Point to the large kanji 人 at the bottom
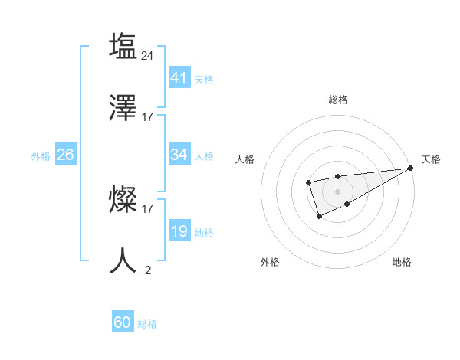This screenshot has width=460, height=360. click(x=123, y=260)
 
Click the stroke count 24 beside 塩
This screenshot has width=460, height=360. click(x=148, y=55)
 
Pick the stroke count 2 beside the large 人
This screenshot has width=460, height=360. click(x=148, y=269)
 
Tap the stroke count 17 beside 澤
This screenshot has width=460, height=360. click(x=148, y=117)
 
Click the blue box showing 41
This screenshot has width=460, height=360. click(x=179, y=77)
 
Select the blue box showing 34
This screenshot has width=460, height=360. click(x=179, y=155)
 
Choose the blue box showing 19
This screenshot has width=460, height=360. click(x=179, y=231)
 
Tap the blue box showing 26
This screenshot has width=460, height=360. click(x=65, y=155)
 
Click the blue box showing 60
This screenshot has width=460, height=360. click(x=123, y=322)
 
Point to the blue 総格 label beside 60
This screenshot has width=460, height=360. click(x=147, y=324)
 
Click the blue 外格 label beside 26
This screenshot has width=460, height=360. click(x=41, y=156)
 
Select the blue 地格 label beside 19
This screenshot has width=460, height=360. click(x=204, y=233)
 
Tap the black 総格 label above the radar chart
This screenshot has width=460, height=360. click(x=337, y=100)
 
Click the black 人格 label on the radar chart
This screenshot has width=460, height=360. click(x=245, y=159)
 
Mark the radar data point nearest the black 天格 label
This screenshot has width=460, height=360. click(x=411, y=169)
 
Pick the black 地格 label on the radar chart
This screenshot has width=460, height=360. click(x=402, y=262)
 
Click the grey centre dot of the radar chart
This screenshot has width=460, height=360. click(x=337, y=191)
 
